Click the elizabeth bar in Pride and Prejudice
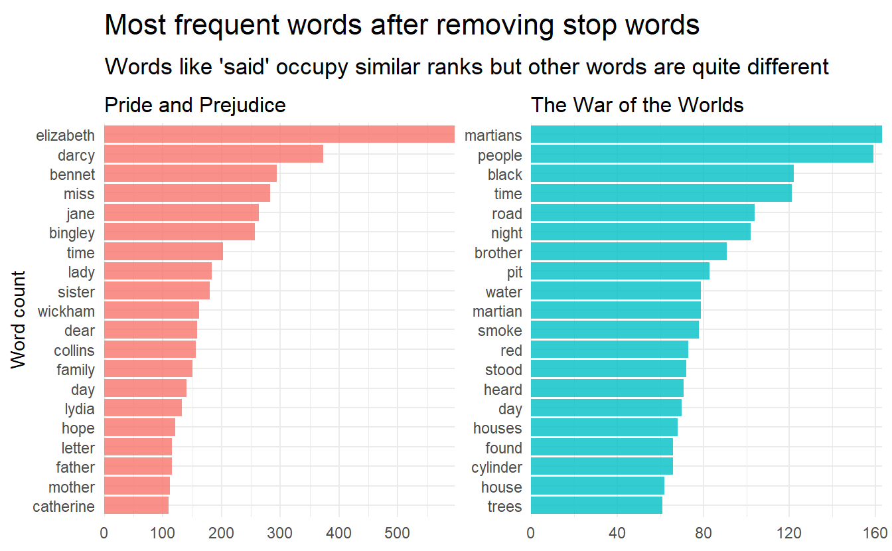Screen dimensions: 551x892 [x=279, y=135]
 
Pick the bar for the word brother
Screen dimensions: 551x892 [x=628, y=252]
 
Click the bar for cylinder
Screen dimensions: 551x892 [x=601, y=467]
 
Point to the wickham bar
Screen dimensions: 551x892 [x=151, y=311]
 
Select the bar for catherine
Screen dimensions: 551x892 [x=136, y=507]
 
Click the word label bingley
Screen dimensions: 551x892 [x=72, y=233]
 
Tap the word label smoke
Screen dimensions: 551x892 [x=500, y=331]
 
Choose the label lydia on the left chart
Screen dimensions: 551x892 [x=78, y=409]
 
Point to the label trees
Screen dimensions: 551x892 [x=504, y=507]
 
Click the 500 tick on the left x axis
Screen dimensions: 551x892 [x=398, y=533]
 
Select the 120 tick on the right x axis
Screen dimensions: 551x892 [x=788, y=533]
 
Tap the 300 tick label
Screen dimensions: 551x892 [x=280, y=533]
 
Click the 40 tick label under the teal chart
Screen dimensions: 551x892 [x=617, y=533]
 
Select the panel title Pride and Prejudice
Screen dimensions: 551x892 [x=195, y=105]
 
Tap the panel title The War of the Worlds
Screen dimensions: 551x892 [x=636, y=105]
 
